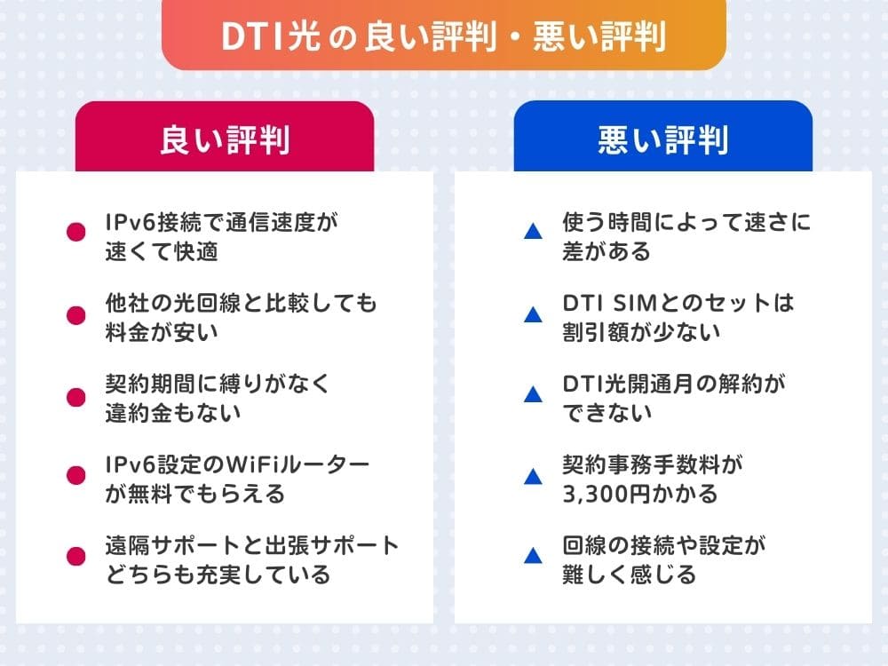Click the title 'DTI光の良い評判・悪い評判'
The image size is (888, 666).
click(x=443, y=36)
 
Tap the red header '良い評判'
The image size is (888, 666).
click(x=225, y=139)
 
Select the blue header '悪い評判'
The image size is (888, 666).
click(x=662, y=139)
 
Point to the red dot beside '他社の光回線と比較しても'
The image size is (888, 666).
click(x=76, y=313)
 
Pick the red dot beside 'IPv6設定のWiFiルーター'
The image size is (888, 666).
click(x=76, y=475)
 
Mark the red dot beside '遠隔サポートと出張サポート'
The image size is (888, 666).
click(x=76, y=556)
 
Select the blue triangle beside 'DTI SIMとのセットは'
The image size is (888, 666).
click(x=533, y=314)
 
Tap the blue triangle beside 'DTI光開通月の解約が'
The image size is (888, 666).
click(x=533, y=394)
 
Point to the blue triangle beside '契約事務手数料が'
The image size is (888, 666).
click(x=533, y=476)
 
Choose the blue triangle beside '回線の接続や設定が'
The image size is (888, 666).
click(x=533, y=557)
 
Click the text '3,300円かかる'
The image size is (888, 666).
click(x=639, y=494)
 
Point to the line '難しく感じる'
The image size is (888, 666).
click(x=629, y=575)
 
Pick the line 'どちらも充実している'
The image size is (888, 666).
click(x=218, y=575)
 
